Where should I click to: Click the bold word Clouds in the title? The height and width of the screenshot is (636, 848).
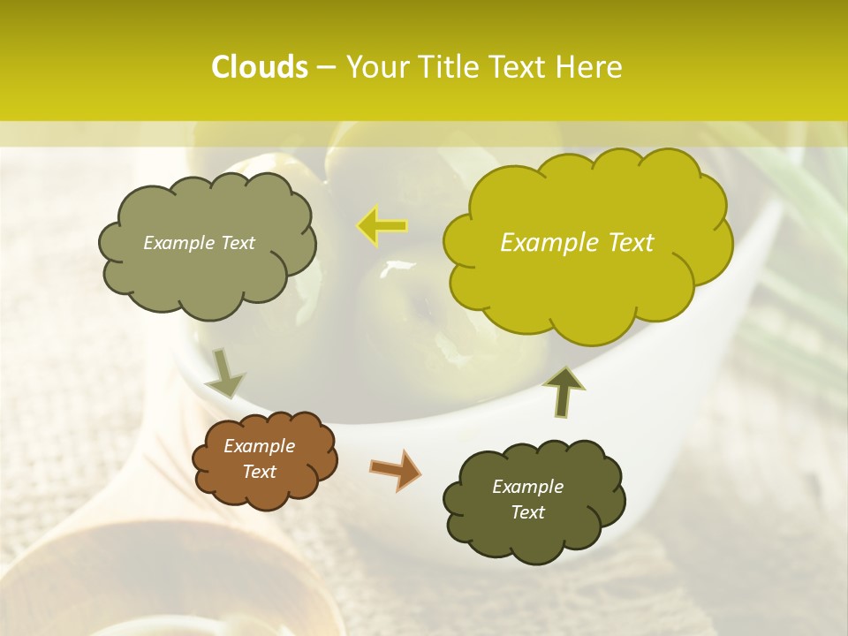[x=260, y=67]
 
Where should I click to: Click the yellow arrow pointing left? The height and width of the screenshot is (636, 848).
[x=382, y=225]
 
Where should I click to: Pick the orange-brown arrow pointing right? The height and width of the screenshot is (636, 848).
[x=396, y=469]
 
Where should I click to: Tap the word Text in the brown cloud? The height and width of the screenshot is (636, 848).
[x=260, y=472]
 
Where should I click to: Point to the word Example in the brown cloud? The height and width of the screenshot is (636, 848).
[x=260, y=446]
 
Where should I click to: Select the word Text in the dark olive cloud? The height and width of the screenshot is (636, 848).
[x=528, y=512]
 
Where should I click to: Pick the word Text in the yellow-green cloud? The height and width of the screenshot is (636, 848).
[x=632, y=243]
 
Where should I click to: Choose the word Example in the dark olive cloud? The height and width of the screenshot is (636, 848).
[x=528, y=487]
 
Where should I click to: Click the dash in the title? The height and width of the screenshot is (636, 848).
[x=326, y=67]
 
